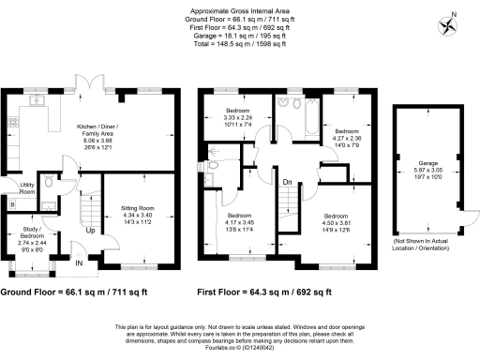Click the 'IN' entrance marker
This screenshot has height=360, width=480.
[x=79, y=265]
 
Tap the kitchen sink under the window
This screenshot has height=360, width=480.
[x=39, y=99]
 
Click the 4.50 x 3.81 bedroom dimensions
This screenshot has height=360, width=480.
[x=336, y=223]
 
